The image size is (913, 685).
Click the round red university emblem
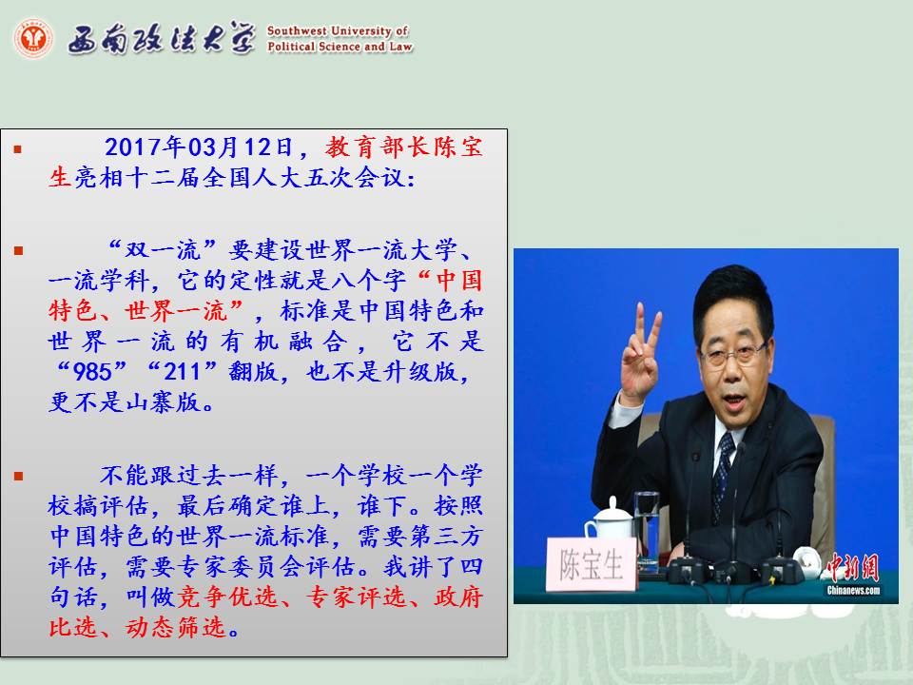pos(33,38)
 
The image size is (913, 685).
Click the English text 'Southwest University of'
pos(338,30)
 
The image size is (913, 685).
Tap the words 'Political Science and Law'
pos(340,46)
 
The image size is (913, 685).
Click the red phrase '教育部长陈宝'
pos(404,147)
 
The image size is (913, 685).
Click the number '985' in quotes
pos(92,371)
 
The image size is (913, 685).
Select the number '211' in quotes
pos(183,371)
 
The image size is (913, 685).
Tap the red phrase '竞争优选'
pos(227,597)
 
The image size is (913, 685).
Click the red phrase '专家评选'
pos(357,597)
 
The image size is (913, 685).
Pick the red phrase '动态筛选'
pos(175,627)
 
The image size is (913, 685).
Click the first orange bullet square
pos(18,149)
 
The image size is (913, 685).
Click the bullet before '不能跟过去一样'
pos(18,476)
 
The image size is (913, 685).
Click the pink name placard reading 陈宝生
pos(591,564)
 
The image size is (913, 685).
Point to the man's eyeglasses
pos(732,354)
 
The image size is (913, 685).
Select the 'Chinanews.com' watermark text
pos(853,591)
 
